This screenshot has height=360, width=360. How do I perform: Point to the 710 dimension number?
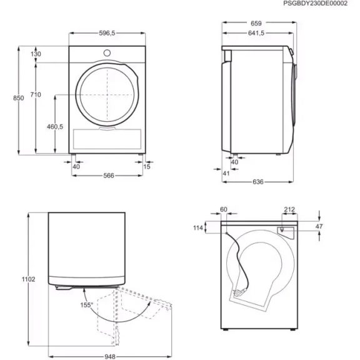[36, 94]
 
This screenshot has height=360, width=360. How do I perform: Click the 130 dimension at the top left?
[36, 54]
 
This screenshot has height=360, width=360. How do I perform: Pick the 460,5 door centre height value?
[56, 126]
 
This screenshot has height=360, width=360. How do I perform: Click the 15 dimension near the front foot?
[147, 166]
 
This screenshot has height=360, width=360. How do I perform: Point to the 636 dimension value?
[257, 182]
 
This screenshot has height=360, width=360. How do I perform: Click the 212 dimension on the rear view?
[288, 210]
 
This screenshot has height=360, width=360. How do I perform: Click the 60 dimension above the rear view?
[224, 210]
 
